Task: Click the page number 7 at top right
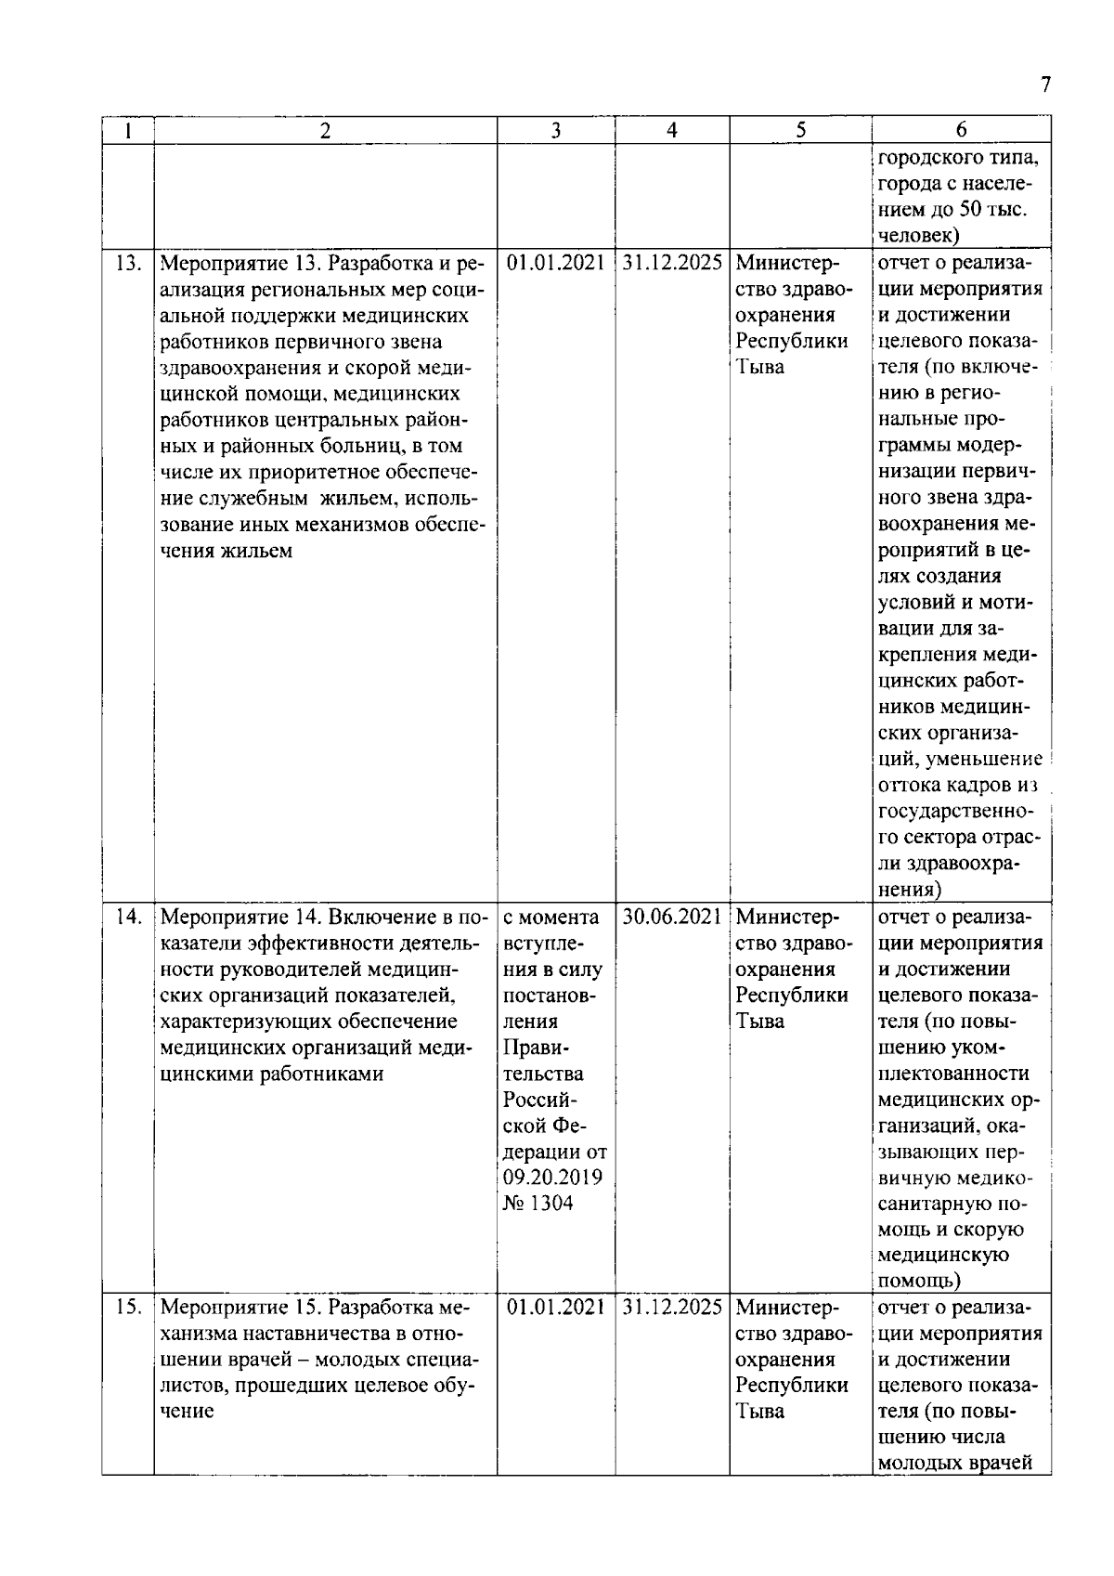1045,85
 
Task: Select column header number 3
555,131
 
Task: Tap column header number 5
799,131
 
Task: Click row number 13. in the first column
127,263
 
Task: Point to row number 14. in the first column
127,918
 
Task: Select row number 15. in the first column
127,1308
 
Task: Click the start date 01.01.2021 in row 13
555,263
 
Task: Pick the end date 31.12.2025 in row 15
672,1308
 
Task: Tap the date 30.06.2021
672,918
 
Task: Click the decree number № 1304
538,1204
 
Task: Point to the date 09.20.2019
552,1178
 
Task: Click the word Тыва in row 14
759,1022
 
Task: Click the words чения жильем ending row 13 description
227,552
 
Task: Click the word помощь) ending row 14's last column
919,1282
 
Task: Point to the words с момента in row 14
551,918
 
